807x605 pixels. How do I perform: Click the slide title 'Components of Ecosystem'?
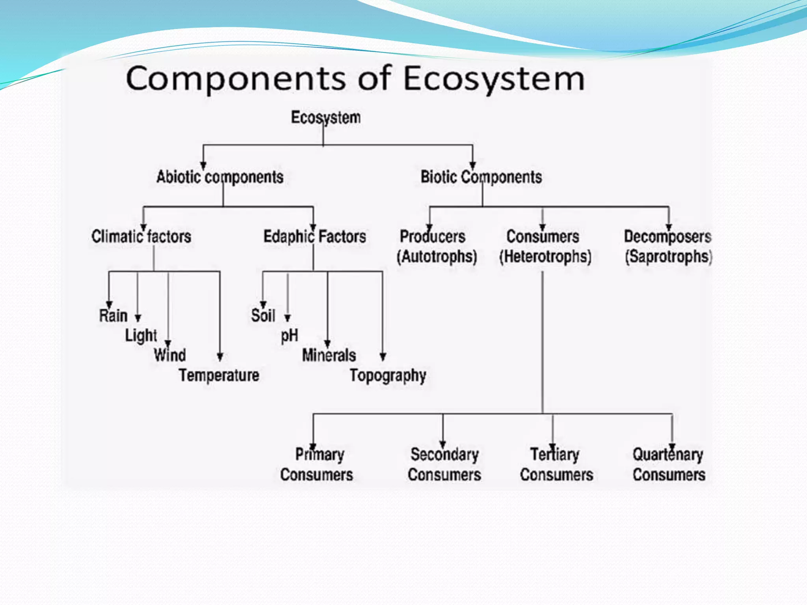[355, 79]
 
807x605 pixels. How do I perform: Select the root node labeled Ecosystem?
[325, 117]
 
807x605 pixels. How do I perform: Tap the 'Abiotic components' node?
[220, 177]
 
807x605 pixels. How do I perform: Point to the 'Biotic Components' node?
[481, 177]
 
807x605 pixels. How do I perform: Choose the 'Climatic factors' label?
[141, 236]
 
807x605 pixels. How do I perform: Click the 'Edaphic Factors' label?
[314, 236]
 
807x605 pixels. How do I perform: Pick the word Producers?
[432, 236]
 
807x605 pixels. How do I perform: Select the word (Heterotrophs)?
[545, 257]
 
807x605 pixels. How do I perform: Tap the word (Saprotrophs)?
[668, 257]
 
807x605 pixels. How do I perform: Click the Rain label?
[113, 315]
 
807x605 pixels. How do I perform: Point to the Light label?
[141, 336]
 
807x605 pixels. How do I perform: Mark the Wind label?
[169, 355]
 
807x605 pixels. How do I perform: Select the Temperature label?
[219, 375]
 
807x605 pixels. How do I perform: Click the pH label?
[289, 336]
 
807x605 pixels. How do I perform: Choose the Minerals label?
[329, 355]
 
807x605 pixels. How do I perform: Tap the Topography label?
[388, 375]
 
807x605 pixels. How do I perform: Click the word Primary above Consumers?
[320, 455]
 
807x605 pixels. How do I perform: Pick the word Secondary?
[444, 455]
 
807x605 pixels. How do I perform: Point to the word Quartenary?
[668, 455]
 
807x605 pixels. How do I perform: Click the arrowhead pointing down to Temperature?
[220, 356]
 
